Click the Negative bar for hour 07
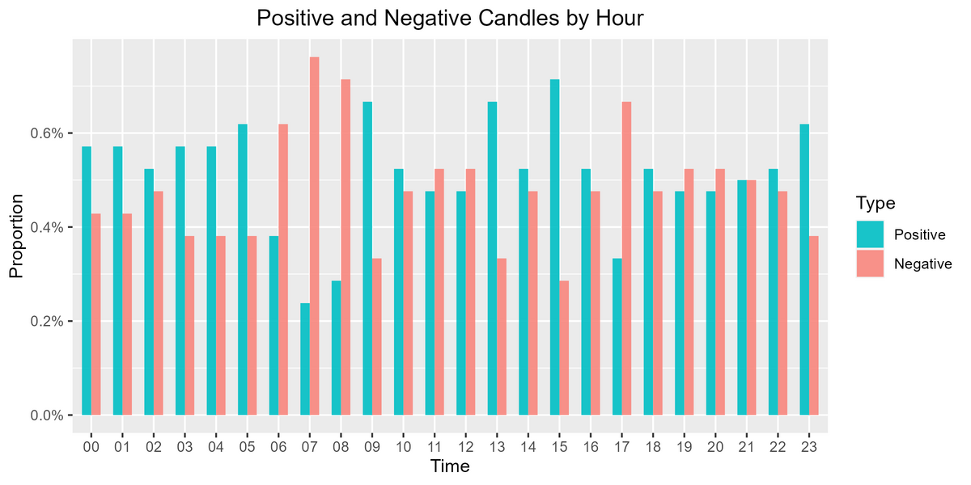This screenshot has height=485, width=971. pos(314,236)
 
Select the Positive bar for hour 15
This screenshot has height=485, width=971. pos(554,247)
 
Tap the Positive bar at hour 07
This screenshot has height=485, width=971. pos(305,359)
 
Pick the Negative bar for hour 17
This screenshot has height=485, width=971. pos(626,259)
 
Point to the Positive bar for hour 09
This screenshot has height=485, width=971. pos(367,259)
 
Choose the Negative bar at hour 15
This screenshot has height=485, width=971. pos(564,348)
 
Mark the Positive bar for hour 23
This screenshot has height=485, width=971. pos(804,270)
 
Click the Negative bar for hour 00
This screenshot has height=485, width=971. pos(95,314)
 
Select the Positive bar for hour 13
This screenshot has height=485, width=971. pos(492,259)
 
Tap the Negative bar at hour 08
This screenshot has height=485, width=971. pos(346,247)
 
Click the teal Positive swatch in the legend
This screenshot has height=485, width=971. pos(870,234)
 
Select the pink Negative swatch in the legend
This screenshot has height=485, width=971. pos(870,264)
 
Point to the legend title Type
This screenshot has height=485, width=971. pos(876,203)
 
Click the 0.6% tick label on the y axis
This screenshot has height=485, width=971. pos(47,133)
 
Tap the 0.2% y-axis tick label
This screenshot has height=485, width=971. pos(47,322)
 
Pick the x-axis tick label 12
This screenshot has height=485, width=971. pos(465,447)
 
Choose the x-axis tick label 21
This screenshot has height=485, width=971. pos(746,447)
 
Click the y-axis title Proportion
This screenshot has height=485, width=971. pos(16,236)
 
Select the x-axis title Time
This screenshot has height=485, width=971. pos(450,467)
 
